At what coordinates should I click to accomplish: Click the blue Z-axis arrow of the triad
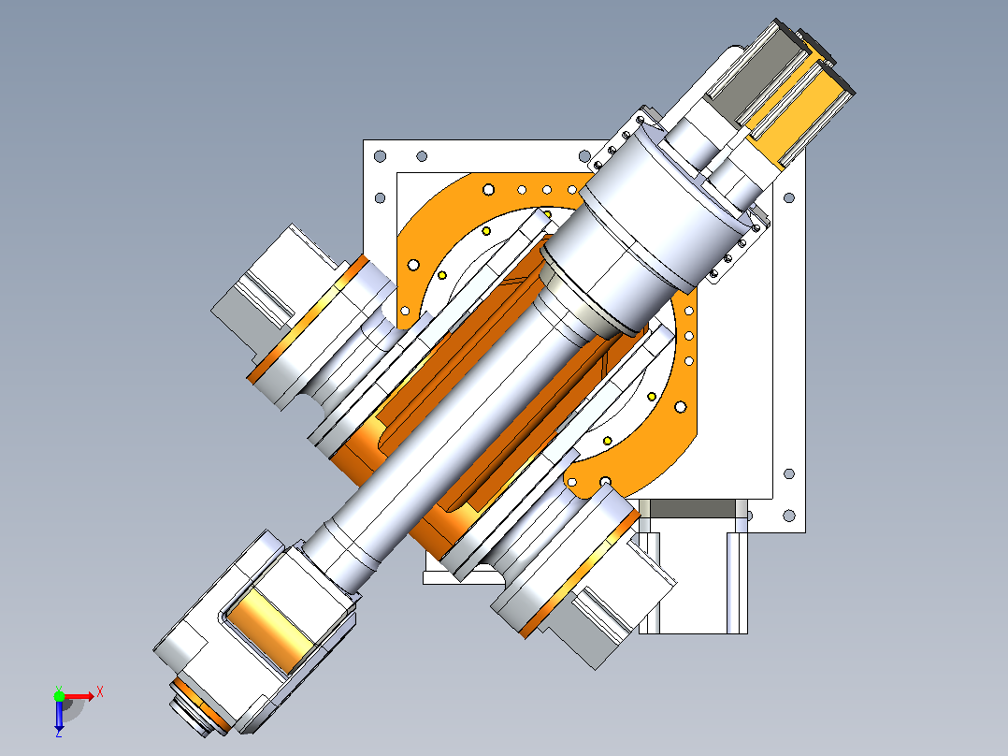pos(59,714)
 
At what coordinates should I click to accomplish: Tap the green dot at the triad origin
pos(59,696)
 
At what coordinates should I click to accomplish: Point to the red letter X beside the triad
pos(100,692)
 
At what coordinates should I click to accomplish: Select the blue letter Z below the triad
pos(59,733)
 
